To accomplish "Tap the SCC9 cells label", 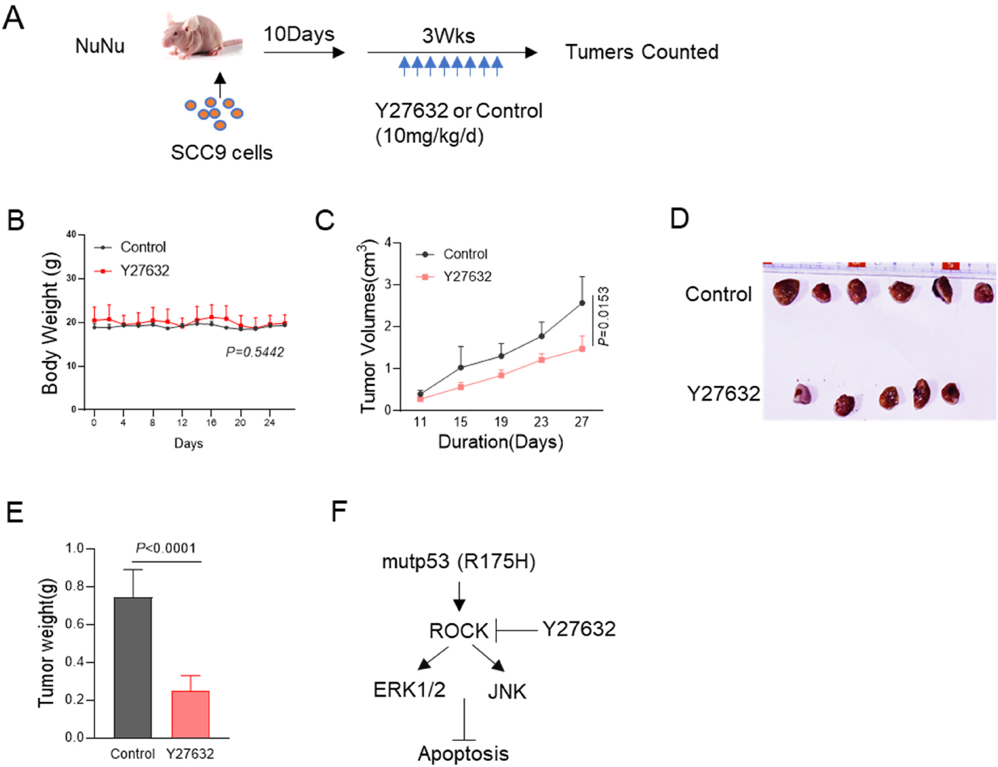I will [x=221, y=153].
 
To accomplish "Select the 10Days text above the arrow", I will [x=298, y=34].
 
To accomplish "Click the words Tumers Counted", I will [x=641, y=52].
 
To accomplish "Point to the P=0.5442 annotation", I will [x=254, y=352].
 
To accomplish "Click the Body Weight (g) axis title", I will [x=51, y=323].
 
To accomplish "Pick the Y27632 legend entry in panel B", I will [x=144, y=271].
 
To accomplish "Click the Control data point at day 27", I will [x=582, y=303].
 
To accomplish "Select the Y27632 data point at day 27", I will [x=582, y=349].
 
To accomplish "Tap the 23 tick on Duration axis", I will [x=541, y=422].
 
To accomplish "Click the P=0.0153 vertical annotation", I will [x=603, y=317].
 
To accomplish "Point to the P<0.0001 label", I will [x=165, y=548].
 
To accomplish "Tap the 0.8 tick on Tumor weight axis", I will [x=75, y=587].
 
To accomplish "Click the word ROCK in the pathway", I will [x=458, y=631].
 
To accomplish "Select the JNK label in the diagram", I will [x=507, y=692].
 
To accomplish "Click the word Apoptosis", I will [x=463, y=754].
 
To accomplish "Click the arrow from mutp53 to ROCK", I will [x=459, y=596].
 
